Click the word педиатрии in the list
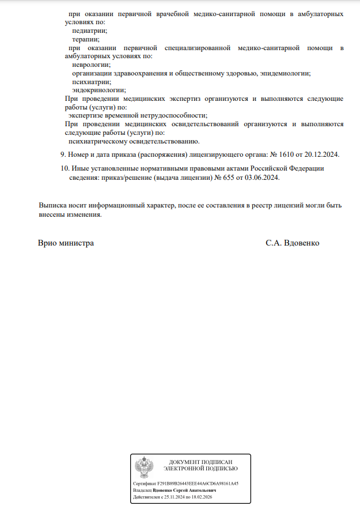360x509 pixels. pos(89,31)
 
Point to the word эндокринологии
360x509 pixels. pos(98,91)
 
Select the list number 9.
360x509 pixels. pos(63,154)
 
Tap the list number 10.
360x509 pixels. pos(64,168)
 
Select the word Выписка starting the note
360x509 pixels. pos(53,205)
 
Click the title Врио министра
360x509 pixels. pos(66,243)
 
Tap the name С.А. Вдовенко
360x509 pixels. pos(292,243)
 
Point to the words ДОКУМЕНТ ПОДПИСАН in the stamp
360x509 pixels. pos(200,462)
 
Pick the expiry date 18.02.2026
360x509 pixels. pos(201,496)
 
